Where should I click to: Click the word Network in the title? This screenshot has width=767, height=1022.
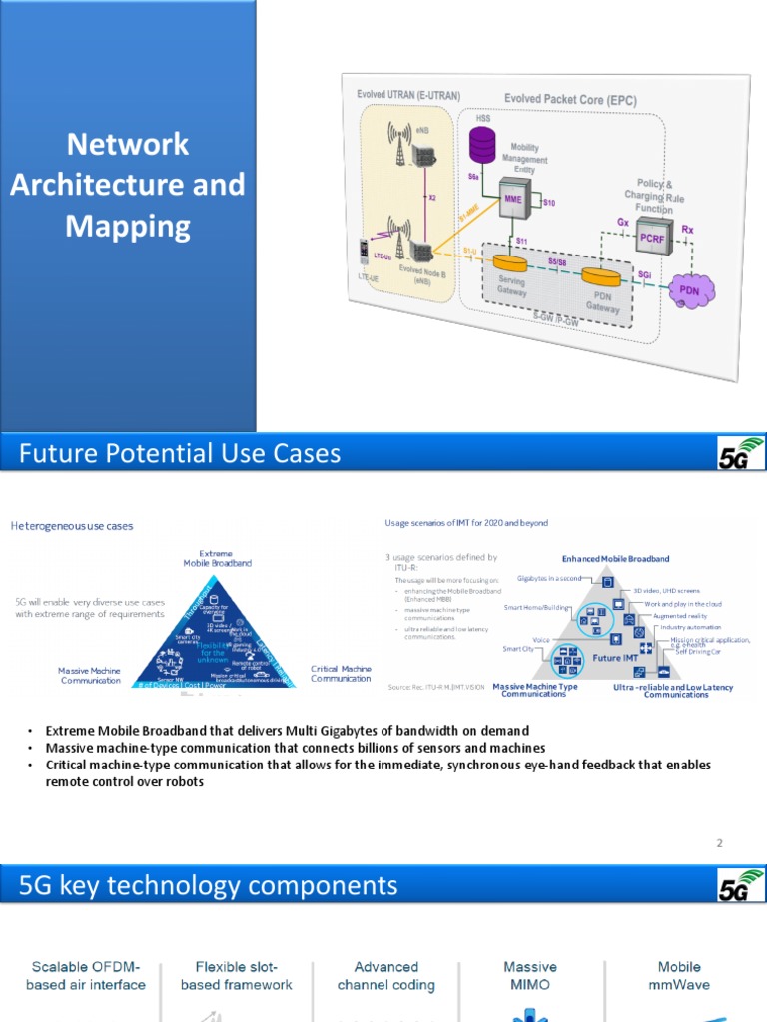click(127, 144)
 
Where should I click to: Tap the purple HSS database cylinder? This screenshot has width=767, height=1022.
click(482, 146)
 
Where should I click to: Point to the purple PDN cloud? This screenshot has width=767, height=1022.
click(689, 290)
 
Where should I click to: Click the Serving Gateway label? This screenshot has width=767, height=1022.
click(511, 286)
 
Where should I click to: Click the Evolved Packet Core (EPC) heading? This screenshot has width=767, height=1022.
click(569, 100)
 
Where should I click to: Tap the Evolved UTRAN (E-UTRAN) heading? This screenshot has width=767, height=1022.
click(408, 94)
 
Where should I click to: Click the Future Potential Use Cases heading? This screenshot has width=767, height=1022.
click(181, 454)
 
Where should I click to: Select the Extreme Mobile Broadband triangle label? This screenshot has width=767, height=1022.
click(217, 557)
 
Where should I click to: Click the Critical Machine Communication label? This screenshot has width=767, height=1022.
click(341, 674)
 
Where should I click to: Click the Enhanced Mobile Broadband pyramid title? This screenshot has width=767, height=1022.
click(615, 559)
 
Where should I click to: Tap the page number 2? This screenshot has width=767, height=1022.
click(718, 843)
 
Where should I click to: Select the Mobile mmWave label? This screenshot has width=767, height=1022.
click(678, 975)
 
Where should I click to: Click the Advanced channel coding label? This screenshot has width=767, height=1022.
click(385, 975)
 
